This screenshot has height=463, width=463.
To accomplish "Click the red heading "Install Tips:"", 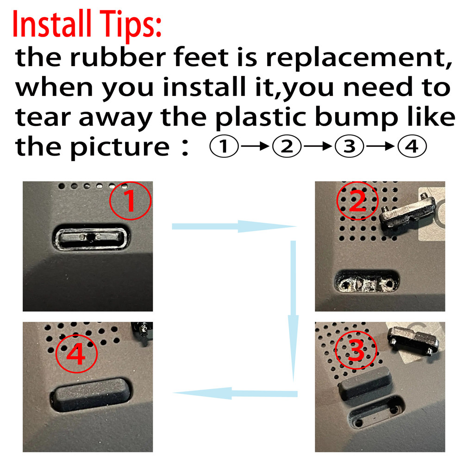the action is tap(87, 24).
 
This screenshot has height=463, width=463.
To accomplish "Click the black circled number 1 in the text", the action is tap(224, 146).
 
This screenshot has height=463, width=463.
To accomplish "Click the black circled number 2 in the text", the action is tap(287, 146).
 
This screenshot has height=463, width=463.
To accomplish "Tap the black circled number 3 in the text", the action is tap(349, 146).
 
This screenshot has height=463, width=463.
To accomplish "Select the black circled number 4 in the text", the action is tap(412, 146).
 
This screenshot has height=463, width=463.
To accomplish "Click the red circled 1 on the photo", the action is tap(130, 201).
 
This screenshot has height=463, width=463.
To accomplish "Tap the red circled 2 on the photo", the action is tap(357, 201).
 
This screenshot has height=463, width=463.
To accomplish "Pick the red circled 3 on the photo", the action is tap(357, 350).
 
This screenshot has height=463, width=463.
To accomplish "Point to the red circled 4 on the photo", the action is tap(76, 354).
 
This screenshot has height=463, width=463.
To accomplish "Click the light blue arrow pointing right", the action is tap(233, 226).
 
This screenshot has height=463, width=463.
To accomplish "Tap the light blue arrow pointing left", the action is tap(235, 393).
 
